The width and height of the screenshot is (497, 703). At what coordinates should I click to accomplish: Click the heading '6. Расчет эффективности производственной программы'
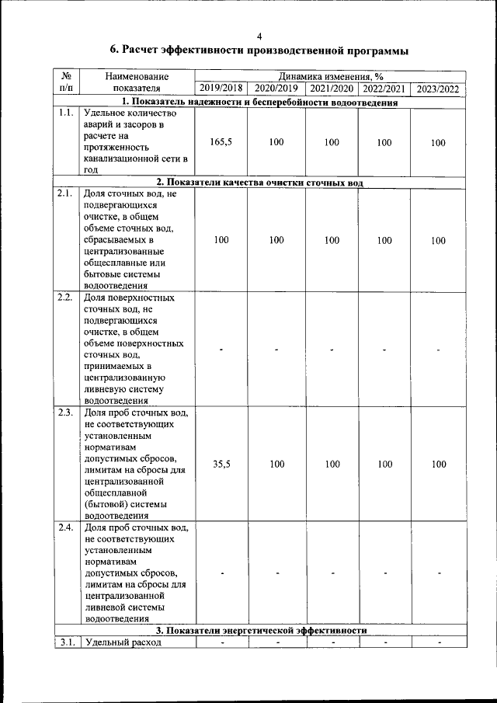tap(259, 51)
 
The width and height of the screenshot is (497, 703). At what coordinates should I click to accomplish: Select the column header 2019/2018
tap(221, 89)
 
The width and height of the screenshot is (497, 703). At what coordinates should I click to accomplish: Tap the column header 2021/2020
tap(332, 89)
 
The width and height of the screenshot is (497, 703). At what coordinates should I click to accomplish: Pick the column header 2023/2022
tap(438, 89)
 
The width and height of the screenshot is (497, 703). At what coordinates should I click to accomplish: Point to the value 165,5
tap(221, 143)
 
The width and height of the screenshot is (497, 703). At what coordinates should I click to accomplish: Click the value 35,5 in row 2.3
tap(221, 465)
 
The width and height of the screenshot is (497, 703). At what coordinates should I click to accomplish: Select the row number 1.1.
tap(65, 113)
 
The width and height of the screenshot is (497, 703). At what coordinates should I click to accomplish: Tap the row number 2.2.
tap(65, 298)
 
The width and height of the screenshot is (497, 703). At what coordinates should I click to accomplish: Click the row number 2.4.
tap(65, 528)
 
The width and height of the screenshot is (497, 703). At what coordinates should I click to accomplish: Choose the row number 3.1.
tap(65, 642)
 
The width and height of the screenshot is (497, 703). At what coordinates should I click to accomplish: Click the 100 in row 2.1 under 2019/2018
tap(221, 240)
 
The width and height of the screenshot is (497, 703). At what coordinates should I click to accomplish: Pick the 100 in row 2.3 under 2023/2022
tap(439, 465)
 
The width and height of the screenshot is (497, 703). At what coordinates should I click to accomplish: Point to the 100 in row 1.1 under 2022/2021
tap(384, 143)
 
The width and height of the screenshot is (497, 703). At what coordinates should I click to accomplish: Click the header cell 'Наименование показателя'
tap(137, 82)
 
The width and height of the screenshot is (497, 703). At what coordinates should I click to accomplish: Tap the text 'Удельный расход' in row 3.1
tap(123, 642)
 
